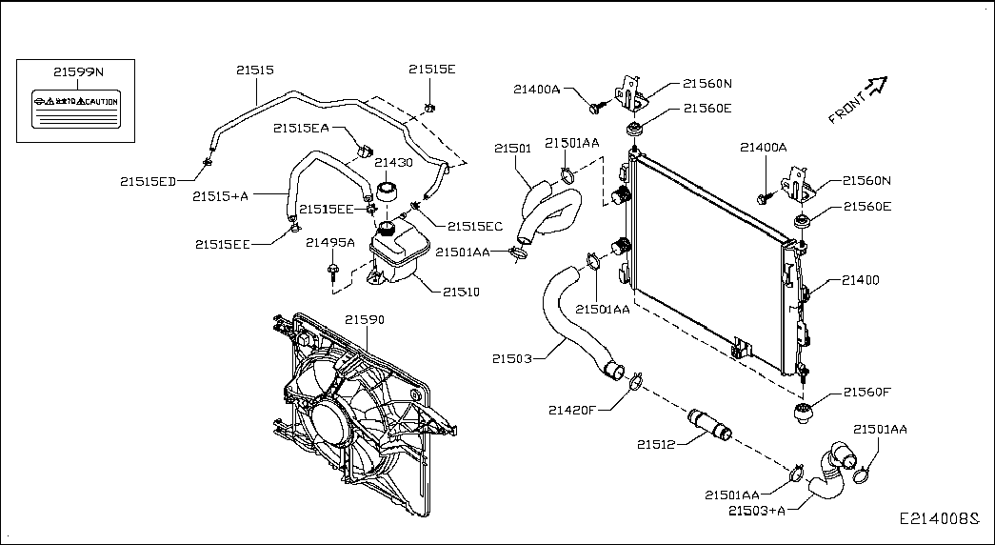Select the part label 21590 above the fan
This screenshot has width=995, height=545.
[364, 320]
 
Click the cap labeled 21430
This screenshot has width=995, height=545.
[387, 188]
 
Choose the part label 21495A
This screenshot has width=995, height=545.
[329, 243]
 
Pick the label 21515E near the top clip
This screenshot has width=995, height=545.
[431, 70]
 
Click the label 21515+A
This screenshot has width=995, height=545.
[220, 196]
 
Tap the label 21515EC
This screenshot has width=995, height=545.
[474, 226]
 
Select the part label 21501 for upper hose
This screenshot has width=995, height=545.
[512, 149]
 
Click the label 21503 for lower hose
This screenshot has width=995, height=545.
[511, 359]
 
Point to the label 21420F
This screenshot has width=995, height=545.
[571, 411]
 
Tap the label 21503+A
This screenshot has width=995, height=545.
[757, 512]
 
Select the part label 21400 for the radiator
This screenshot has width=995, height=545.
[860, 281]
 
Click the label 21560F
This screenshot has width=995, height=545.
[866, 393]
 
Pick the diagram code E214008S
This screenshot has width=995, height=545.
[940, 520]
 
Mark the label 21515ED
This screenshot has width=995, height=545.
[148, 180]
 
